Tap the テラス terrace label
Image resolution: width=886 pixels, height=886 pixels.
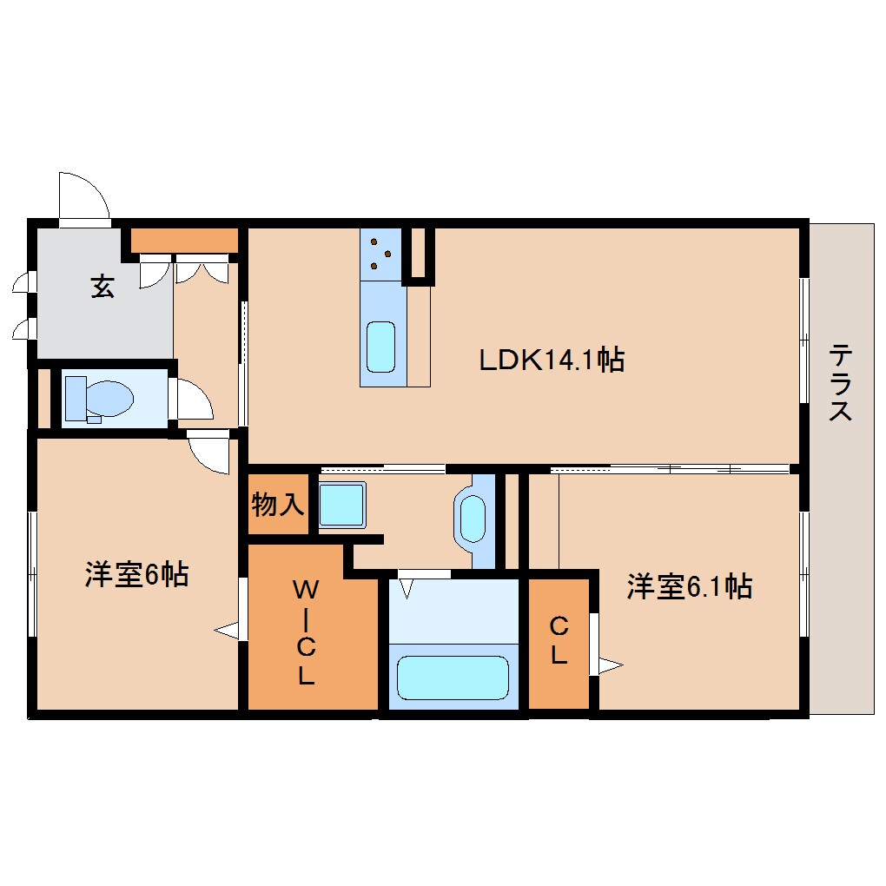coord(839,382)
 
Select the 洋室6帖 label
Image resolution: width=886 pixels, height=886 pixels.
coord(136,574)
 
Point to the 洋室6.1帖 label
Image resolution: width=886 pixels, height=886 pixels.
coord(689,587)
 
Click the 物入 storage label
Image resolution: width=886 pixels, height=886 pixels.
coord(278,504)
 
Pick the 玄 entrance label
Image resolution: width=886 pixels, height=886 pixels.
coord(102,287)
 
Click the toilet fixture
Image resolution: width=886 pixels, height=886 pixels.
coord(100,399)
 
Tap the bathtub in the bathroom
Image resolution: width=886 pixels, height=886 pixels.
coord(452,677)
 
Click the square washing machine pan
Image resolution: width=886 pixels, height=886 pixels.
coord(341,505)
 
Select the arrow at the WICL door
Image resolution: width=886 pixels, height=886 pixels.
coord(227,631)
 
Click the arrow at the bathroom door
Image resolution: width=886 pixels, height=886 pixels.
coord(406,590)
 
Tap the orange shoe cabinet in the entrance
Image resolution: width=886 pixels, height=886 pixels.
coord(184,240)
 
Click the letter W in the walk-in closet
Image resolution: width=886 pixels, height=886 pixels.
coord(305,590)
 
